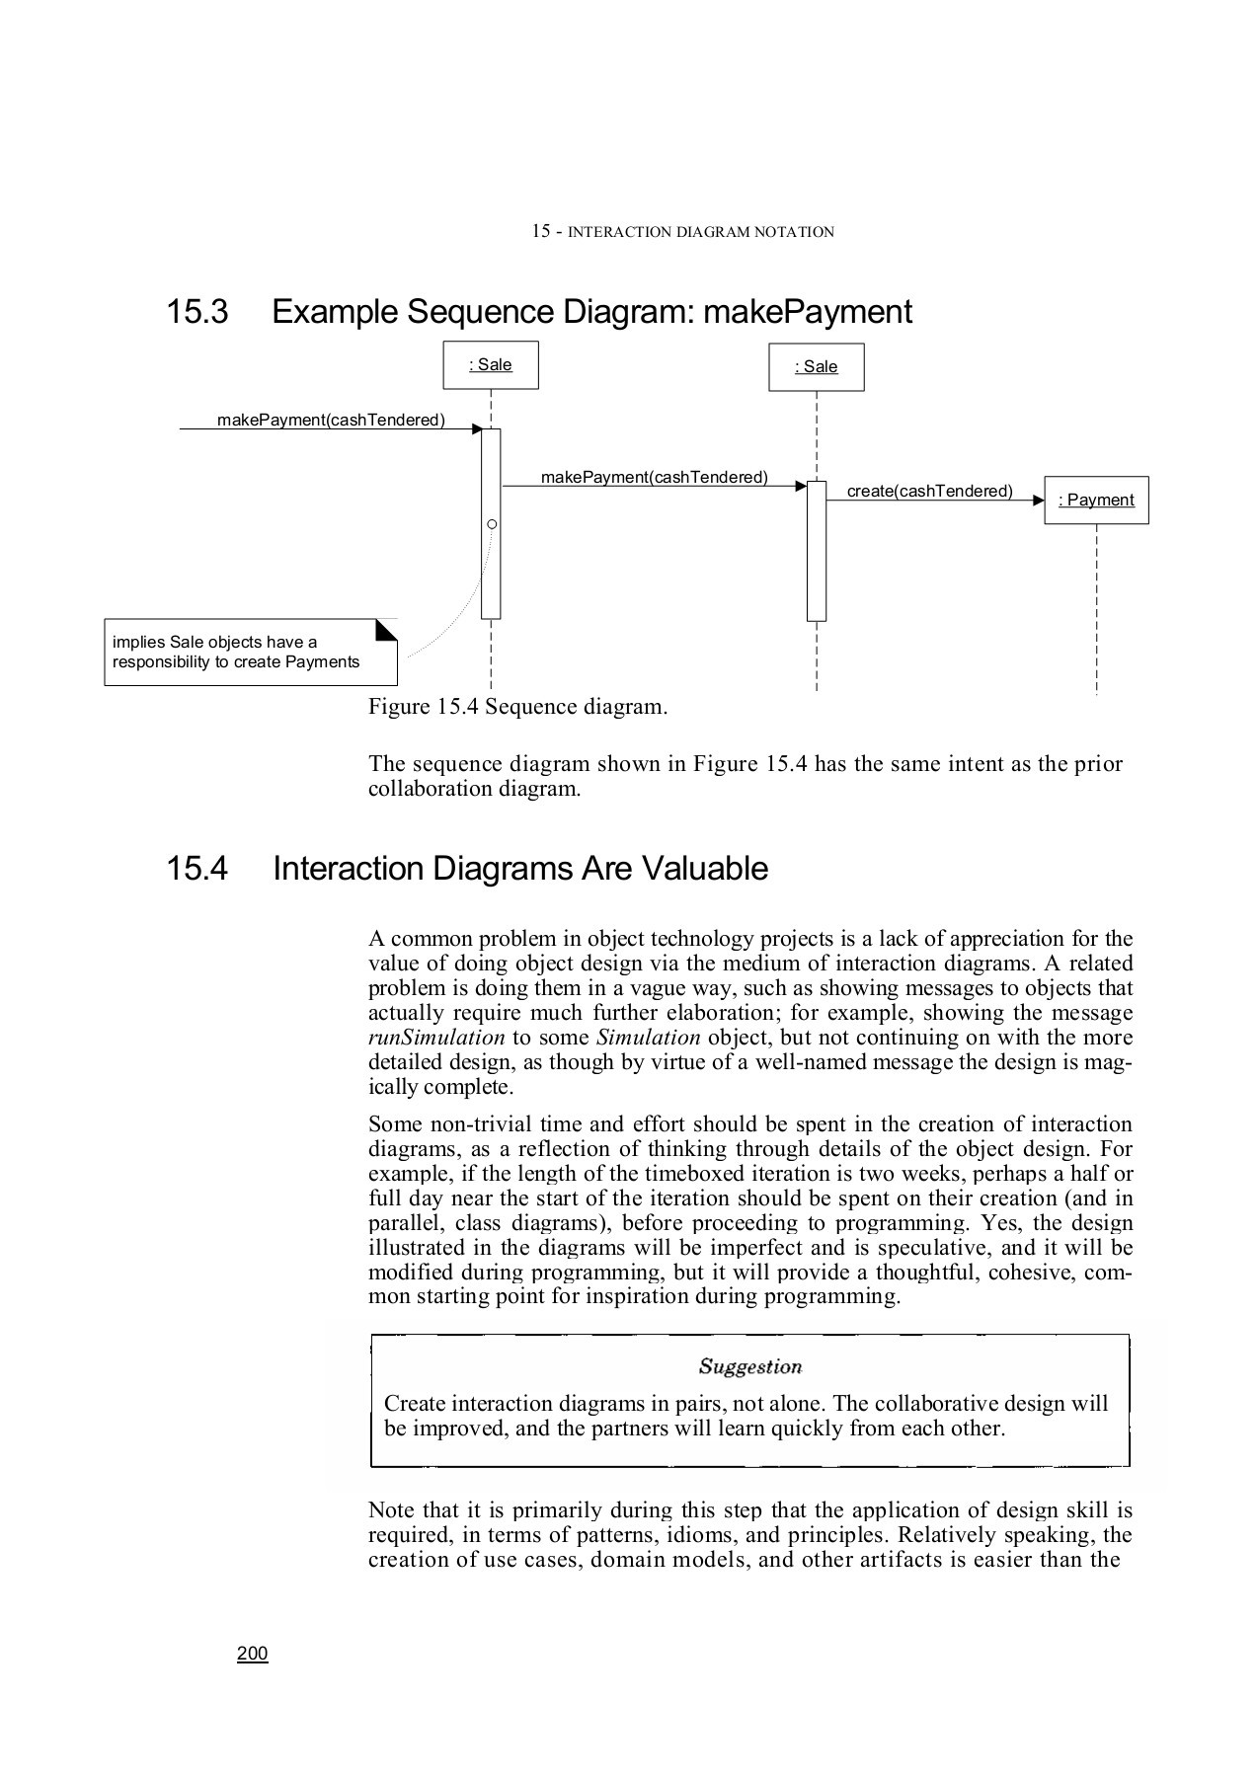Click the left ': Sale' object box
pos(491,365)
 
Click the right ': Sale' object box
pos(817,367)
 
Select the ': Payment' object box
pos(1096,500)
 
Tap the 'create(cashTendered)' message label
pos(929,491)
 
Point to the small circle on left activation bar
pos(492,523)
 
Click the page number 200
pos(253,1654)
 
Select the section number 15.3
pos(197,312)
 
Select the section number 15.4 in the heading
pos(197,869)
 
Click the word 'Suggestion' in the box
pos(750,1366)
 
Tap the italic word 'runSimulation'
pos(436,1038)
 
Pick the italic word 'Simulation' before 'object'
pos(649,1038)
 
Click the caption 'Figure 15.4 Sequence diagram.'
pos(517,707)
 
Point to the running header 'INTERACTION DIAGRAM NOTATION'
pos(701,233)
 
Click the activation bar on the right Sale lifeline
pos(817,551)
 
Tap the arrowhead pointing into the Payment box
pos(1038,502)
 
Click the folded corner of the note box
pos(386,629)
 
